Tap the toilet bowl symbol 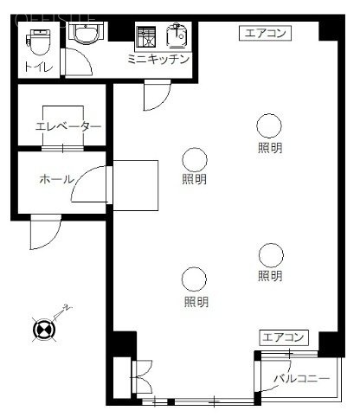coord(39,41)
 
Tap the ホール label coord(55,180)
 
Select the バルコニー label coord(301,379)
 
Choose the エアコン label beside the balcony coord(283,337)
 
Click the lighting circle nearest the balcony coord(271,255)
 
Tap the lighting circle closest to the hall coord(195,159)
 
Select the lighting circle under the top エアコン coord(268,125)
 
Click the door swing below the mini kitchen coord(156,95)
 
